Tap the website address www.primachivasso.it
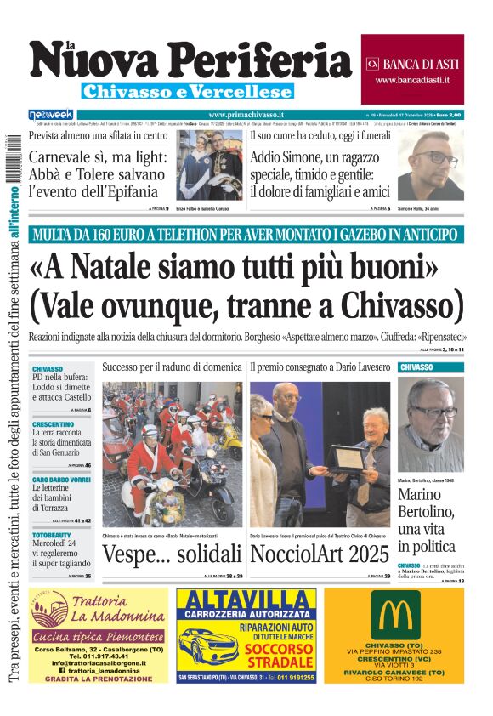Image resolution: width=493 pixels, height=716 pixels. tap(246, 115)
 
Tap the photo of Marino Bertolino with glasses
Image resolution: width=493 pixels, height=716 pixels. tap(430, 423)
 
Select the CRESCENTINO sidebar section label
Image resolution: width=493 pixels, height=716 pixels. tap(54, 423)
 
